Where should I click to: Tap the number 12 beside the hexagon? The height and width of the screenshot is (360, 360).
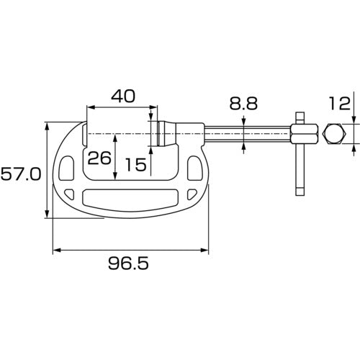point(338,103)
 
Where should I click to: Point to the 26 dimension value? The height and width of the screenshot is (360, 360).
point(102,158)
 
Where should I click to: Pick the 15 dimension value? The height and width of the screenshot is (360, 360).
point(135,164)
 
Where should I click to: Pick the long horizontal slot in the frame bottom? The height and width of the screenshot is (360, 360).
point(130,197)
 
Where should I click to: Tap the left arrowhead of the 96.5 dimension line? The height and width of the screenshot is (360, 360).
point(56,251)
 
